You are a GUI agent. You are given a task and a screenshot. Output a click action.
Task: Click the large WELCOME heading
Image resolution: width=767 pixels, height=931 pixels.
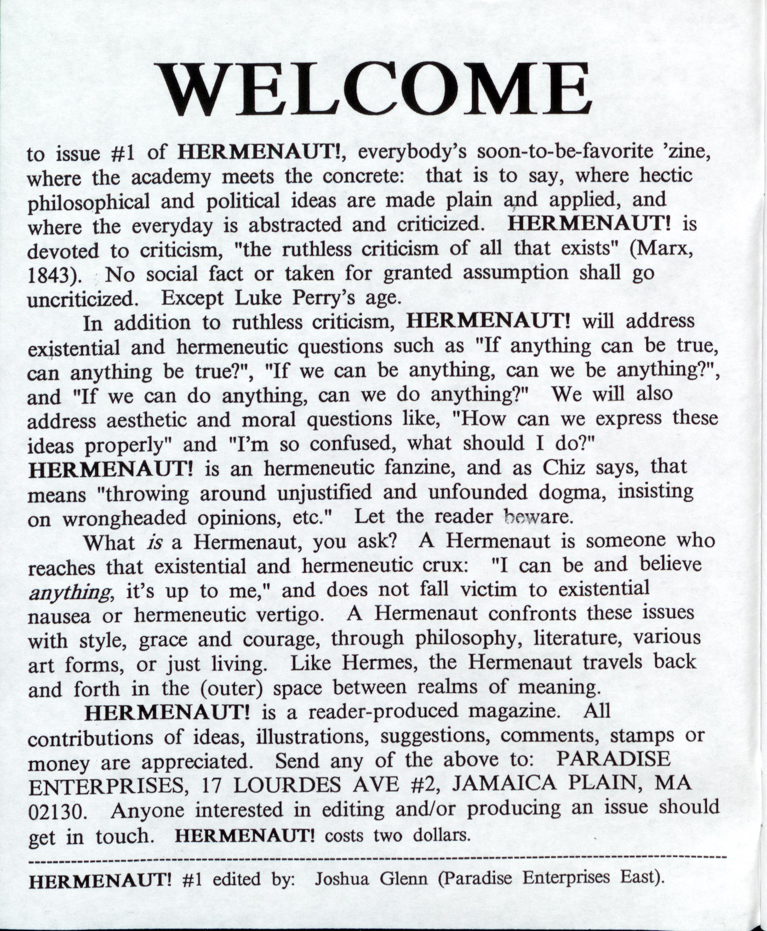click(373, 89)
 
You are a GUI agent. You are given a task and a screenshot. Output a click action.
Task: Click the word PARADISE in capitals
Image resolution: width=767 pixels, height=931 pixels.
click(613, 759)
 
